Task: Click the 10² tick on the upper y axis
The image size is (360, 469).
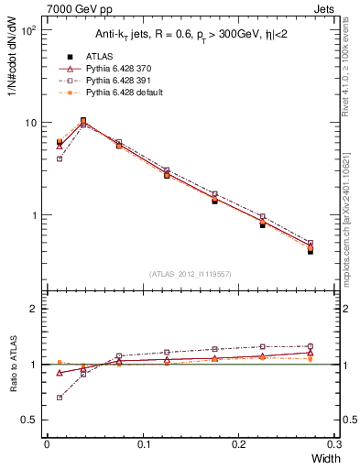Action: pyautogui.click(x=29, y=30)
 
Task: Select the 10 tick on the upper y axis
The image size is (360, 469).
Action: pyautogui.click(x=31, y=123)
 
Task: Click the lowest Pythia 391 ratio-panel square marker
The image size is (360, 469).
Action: pyautogui.click(x=60, y=398)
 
